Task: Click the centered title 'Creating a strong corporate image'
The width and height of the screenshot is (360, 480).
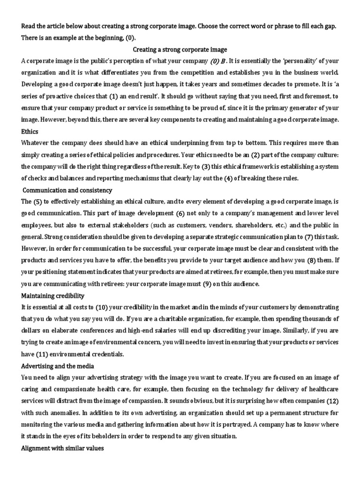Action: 180,49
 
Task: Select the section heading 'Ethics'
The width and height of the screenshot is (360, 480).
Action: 30,132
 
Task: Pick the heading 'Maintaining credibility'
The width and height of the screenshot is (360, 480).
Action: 52,296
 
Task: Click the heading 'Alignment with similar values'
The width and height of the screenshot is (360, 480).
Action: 62,448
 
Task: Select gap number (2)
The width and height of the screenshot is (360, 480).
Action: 255,155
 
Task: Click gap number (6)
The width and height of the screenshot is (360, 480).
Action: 180,214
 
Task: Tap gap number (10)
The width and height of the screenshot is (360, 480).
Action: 102,307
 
